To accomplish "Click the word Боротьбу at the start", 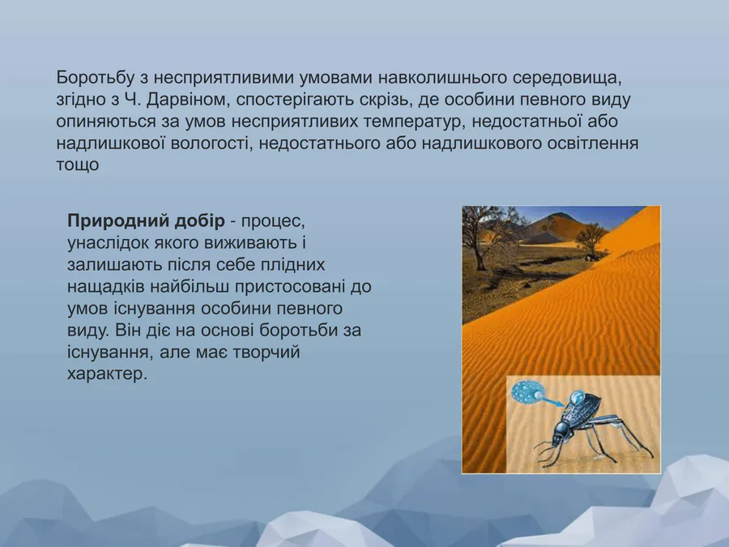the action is [x=95, y=77].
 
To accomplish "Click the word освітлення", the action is [x=593, y=143].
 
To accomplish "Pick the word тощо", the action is [x=78, y=165].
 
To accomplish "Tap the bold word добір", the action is [x=199, y=221].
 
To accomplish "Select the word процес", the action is [x=273, y=221].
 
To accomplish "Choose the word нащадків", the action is [x=106, y=287].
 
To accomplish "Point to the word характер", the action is [x=108, y=374].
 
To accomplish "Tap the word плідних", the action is [x=293, y=265].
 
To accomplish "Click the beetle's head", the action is [x=560, y=434].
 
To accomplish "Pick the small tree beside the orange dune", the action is [x=590, y=240].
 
